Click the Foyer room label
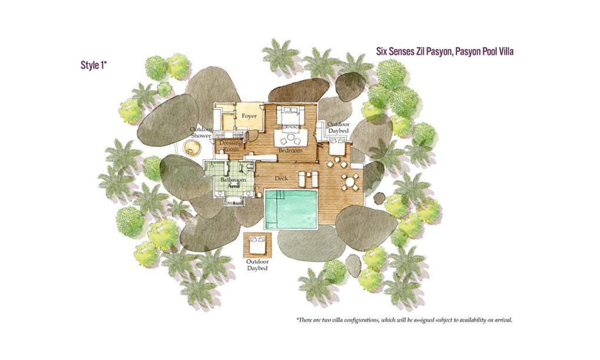tap(249, 116)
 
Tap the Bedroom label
tap(291, 151)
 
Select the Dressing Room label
tap(231, 146)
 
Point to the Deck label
tap(281, 179)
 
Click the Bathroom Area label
tap(233, 182)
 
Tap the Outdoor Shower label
tap(201, 133)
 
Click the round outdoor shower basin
tap(192, 147)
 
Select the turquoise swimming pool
tap(291, 208)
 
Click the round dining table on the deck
tap(350, 182)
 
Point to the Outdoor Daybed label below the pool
tap(257, 265)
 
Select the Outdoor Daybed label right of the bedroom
tap(338, 128)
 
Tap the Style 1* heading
tap(94, 65)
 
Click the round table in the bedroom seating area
tap(291, 138)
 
